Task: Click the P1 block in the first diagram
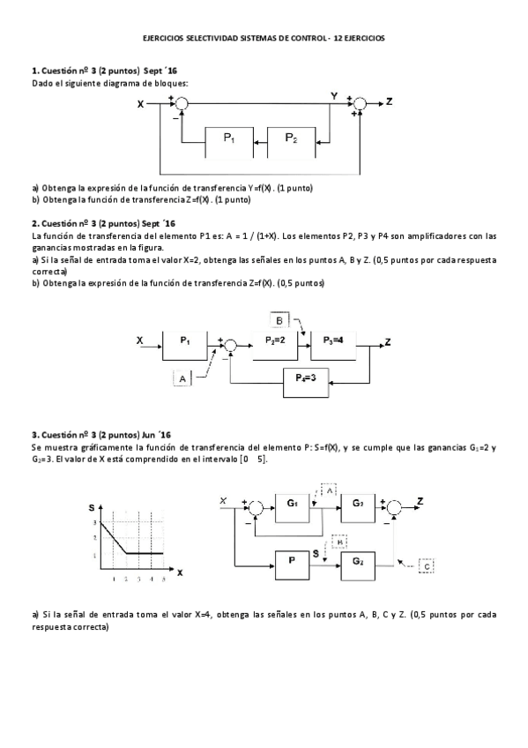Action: pos(228,139)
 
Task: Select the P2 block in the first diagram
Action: pos(291,139)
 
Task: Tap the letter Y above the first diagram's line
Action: pos(334,94)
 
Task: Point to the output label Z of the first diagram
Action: pos(390,102)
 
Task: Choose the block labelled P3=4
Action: pos(333,341)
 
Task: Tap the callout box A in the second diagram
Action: pos(182,378)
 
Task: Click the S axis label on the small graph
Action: pos(92,508)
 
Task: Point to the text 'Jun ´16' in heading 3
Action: pos(157,435)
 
